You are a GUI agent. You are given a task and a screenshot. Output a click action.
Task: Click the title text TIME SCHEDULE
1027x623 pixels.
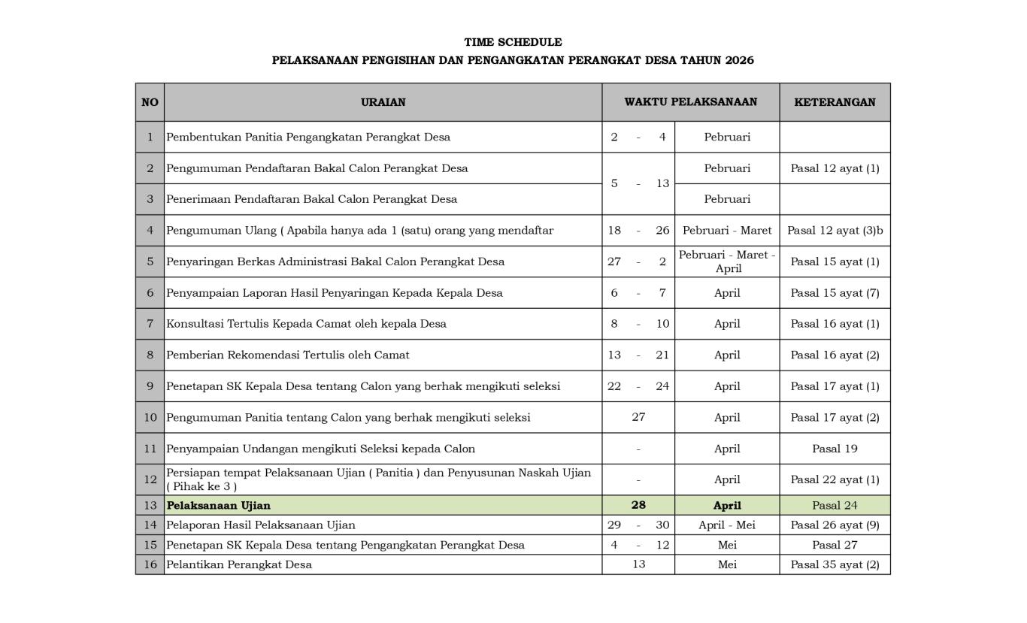pos(513,42)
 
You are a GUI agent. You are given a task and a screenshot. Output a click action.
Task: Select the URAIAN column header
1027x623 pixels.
pos(383,102)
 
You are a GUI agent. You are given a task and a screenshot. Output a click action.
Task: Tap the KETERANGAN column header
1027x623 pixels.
pos(835,102)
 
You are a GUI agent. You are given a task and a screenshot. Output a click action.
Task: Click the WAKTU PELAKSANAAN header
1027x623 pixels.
pos(690,102)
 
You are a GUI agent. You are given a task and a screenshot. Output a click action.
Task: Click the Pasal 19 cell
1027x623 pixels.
pos(835,449)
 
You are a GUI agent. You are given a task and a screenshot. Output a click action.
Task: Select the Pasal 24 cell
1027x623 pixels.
pos(835,505)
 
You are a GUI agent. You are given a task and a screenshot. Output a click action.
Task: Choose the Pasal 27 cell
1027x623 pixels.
pos(835,545)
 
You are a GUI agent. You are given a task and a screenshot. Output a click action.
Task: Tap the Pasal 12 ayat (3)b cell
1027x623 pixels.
pos(835,231)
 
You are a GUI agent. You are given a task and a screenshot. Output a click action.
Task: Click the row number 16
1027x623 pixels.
pos(150,564)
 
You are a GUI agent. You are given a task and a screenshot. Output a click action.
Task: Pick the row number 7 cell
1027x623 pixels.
pos(150,324)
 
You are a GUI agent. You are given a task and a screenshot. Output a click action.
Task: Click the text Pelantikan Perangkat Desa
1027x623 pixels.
pos(239,564)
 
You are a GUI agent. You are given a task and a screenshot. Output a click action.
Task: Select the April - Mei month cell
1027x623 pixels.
pos(727,525)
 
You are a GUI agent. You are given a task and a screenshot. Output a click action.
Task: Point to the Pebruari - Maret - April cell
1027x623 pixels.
pos(727,262)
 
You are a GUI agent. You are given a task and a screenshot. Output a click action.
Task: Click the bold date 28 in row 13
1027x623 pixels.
pos(638,505)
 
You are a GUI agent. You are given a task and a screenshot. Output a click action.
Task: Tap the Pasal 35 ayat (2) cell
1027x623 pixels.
pos(835,564)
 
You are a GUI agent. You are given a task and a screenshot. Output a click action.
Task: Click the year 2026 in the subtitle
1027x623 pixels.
pos(739,60)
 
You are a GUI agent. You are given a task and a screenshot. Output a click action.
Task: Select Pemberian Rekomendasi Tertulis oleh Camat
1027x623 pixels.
pos(288,355)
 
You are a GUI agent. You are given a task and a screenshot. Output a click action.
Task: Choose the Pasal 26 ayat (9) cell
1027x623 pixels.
pos(835,525)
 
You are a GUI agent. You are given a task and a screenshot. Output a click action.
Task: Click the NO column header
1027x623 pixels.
pos(150,102)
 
